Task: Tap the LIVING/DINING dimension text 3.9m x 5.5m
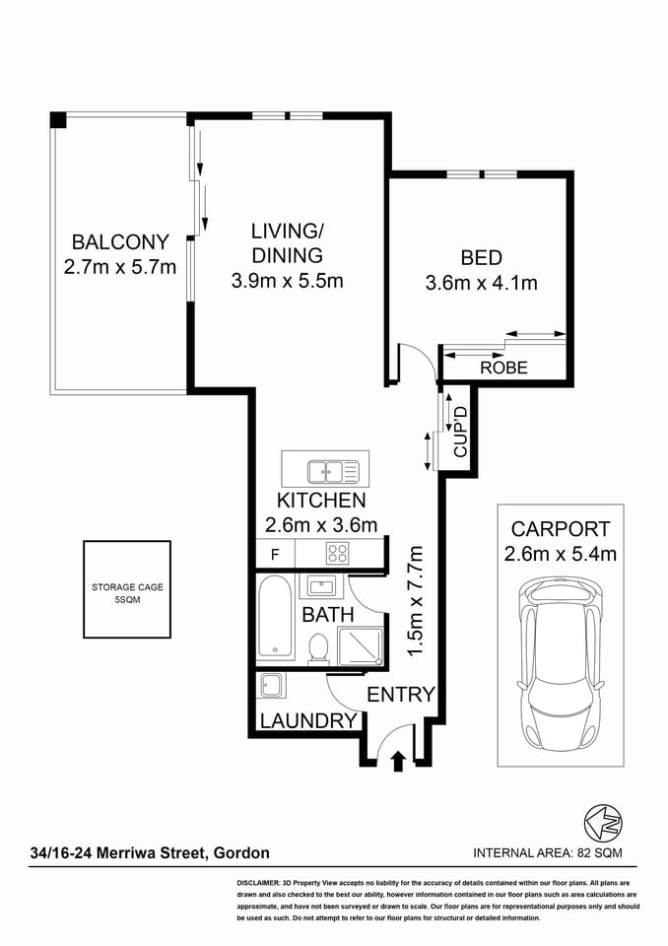[287, 280]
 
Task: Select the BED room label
[482, 258]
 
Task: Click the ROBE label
[503, 369]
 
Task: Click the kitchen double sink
[325, 471]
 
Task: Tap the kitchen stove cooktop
[339, 553]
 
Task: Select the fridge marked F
[274, 553]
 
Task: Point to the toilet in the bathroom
[318, 646]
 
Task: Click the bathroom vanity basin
[321, 587]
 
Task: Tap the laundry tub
[271, 685]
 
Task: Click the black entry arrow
[398, 760]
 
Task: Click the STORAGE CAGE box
[126, 588]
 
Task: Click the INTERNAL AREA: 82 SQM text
[548, 852]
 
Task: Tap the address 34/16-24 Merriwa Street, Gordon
[150, 852]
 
